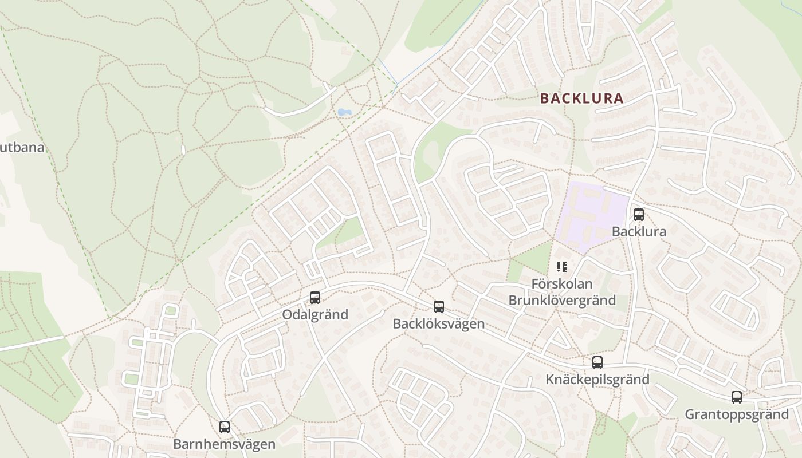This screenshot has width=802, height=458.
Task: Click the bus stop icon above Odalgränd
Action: pos(315,298)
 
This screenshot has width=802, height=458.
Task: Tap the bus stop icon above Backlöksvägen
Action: pos(439,307)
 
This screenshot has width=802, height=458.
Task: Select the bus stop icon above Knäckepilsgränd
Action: pos(597,362)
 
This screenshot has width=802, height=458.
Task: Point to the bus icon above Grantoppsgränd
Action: pos(737,397)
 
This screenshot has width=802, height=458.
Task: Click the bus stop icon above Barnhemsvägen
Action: pos(225,427)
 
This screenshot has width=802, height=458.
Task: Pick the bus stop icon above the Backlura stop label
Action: pos(639,215)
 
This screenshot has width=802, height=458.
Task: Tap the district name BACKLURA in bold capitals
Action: pos(581,98)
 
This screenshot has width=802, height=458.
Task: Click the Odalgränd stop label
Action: pos(315,315)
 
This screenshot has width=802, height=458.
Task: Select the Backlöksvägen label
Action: pos(439,324)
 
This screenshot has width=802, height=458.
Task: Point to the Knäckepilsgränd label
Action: pos(597,380)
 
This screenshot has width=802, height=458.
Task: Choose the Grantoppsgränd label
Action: pos(737,414)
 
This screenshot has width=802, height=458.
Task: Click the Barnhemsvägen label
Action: pos(225,444)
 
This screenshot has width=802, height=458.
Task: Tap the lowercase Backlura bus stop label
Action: pos(639,232)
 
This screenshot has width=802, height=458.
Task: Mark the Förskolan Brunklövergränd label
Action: pos(562,292)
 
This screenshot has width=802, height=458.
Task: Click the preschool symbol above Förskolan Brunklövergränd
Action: pos(562,267)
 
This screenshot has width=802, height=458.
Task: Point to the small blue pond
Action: pos(345,112)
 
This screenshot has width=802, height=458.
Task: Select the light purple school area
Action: pos(590,215)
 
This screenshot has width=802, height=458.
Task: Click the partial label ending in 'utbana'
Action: pos(22,148)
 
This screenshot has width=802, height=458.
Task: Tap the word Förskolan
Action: pos(562,284)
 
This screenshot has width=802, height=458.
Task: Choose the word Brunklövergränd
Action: pos(562,301)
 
